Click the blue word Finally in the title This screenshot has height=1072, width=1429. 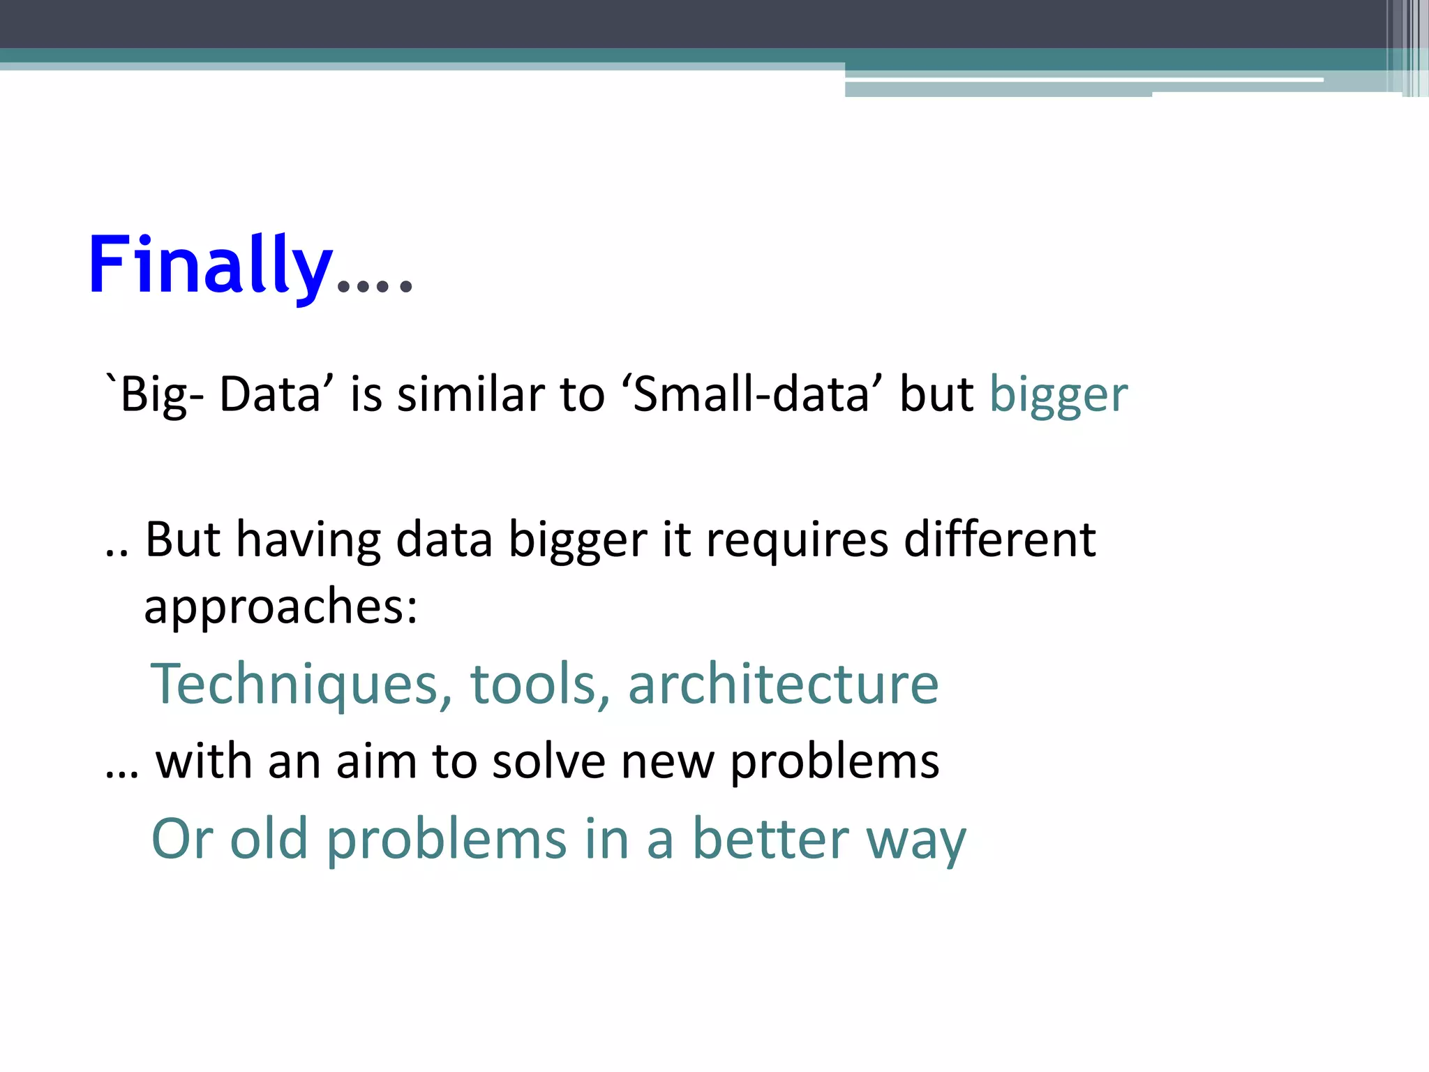point(209,265)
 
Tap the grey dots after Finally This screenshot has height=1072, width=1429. point(375,285)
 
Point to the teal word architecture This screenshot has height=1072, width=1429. point(783,685)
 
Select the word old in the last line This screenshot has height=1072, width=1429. point(269,839)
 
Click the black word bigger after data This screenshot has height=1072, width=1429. point(578,542)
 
